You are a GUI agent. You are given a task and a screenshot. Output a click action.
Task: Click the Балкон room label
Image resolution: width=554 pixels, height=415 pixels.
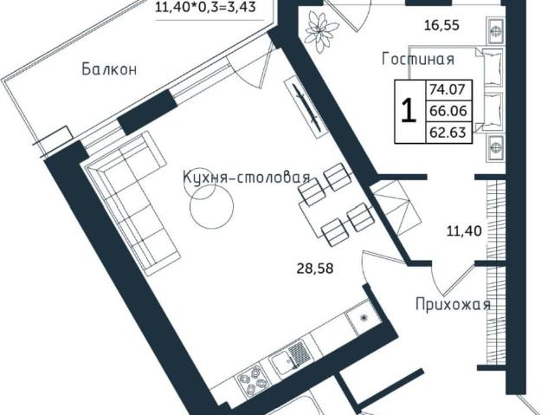[x=110, y=69]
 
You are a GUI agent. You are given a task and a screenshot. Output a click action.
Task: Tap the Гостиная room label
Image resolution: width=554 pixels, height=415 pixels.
[x=418, y=59]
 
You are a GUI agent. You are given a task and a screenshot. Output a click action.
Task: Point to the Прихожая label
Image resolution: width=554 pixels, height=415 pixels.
[x=453, y=304]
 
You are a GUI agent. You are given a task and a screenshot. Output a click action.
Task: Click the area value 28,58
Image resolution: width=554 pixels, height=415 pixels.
[x=314, y=268]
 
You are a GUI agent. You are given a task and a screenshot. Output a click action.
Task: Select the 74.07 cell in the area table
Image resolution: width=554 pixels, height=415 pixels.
[x=448, y=88]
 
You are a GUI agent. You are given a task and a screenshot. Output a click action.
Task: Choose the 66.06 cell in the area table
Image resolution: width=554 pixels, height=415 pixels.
[x=448, y=111]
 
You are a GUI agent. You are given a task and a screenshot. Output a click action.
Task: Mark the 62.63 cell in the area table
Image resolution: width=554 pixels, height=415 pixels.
[x=448, y=133]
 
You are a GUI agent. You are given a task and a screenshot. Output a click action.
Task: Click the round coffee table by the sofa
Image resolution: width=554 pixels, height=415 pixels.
[x=211, y=211]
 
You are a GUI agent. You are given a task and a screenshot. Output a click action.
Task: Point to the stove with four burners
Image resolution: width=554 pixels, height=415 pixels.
[x=250, y=382]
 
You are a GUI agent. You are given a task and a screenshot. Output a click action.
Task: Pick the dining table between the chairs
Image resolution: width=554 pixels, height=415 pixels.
[x=333, y=204]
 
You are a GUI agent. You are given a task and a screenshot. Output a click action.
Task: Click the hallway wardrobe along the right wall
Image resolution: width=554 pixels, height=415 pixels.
[x=495, y=277]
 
